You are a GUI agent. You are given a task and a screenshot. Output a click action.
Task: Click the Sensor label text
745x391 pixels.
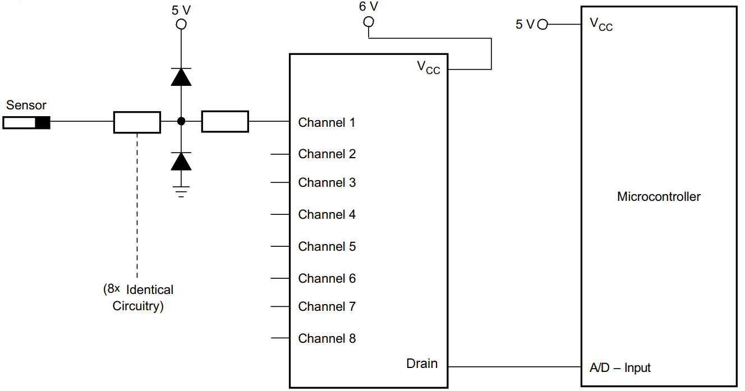click(x=26, y=105)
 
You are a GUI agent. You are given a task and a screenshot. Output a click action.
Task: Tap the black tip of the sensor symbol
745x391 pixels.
click(x=43, y=123)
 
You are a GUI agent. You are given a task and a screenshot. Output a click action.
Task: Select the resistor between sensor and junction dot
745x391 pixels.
click(x=137, y=122)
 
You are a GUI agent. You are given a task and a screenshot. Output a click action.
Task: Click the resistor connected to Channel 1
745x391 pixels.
click(x=224, y=121)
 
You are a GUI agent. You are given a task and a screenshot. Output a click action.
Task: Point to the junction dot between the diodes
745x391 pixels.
click(x=181, y=121)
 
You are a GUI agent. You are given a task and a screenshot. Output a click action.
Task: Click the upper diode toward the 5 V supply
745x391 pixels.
click(x=181, y=77)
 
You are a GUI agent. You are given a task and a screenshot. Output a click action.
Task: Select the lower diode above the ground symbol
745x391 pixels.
click(x=181, y=162)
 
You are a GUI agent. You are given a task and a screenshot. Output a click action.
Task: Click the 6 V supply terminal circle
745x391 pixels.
click(x=369, y=22)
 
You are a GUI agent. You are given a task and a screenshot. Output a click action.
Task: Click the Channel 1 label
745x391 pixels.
click(x=326, y=122)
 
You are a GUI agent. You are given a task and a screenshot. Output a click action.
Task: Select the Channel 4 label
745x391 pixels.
click(x=326, y=214)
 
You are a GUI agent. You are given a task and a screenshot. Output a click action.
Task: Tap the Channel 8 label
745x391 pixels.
click(x=326, y=338)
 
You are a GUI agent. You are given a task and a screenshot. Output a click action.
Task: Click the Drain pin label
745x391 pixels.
click(x=422, y=364)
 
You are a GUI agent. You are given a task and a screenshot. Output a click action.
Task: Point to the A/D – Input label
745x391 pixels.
click(x=620, y=368)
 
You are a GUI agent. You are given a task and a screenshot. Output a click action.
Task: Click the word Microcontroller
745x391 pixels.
click(x=659, y=197)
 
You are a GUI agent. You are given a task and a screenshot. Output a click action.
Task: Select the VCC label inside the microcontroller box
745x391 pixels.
click(x=601, y=24)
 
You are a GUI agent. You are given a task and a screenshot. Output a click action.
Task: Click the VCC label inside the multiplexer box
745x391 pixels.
click(x=428, y=67)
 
